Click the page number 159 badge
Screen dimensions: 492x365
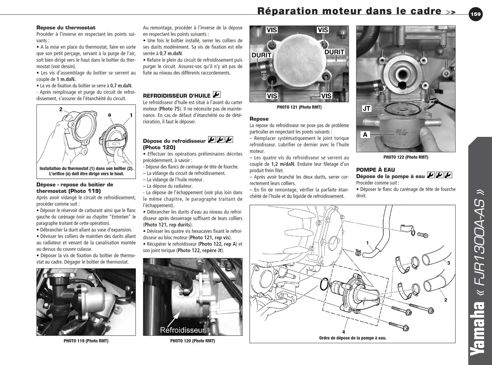(x=475, y=14)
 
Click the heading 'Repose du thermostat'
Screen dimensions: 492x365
(x=66, y=28)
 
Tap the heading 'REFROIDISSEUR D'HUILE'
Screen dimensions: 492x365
(x=176, y=96)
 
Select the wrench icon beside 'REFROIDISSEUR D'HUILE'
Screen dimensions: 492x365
(x=217, y=94)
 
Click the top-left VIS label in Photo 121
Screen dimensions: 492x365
(x=272, y=30)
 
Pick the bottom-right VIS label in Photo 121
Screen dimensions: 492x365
(x=326, y=96)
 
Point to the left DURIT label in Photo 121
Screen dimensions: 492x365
(x=261, y=55)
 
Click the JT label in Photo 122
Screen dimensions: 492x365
(x=366, y=108)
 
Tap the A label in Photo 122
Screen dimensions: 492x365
(x=365, y=135)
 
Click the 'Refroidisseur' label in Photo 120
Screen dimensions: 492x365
(x=182, y=330)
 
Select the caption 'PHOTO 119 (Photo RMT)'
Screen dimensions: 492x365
(x=86, y=341)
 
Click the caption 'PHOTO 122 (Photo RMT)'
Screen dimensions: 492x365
(x=406, y=157)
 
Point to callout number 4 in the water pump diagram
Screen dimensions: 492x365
(x=344, y=332)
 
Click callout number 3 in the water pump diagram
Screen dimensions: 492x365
(x=449, y=263)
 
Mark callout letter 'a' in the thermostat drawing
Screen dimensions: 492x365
(x=109, y=115)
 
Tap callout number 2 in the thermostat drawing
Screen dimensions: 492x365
(x=61, y=109)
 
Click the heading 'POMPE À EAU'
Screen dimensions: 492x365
(x=376, y=170)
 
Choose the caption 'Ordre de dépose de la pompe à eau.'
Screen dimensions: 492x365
(x=353, y=338)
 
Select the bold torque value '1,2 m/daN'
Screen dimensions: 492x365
(x=283, y=164)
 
